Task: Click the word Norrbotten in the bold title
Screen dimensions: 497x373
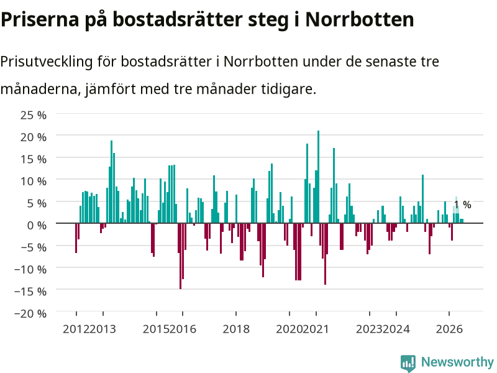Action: tap(360, 19)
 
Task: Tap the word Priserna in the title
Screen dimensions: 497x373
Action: tap(40, 19)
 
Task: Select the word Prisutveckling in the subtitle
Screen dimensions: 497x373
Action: tap(46, 62)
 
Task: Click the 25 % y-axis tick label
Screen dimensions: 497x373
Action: tap(34, 115)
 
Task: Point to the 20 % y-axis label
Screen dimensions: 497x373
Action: tap(34, 137)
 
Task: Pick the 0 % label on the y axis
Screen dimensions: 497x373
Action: tap(37, 225)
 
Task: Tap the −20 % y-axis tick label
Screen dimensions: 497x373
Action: tap(30, 313)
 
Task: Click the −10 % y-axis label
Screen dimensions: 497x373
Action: tap(30, 269)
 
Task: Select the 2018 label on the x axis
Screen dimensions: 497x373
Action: tap(236, 329)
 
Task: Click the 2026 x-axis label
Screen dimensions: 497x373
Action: tap(449, 329)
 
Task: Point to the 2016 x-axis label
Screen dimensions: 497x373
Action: tap(183, 329)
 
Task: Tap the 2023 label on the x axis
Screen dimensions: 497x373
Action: tap(369, 329)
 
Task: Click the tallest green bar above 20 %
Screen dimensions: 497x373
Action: tap(318, 177)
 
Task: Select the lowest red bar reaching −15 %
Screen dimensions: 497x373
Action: tap(180, 256)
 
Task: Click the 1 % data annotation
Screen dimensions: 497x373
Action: tap(462, 205)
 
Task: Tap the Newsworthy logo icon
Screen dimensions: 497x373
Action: tap(408, 363)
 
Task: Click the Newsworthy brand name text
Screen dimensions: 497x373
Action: tap(457, 362)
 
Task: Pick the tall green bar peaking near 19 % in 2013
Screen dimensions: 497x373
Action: tap(112, 182)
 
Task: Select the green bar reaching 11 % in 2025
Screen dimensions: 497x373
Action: tap(422, 199)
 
